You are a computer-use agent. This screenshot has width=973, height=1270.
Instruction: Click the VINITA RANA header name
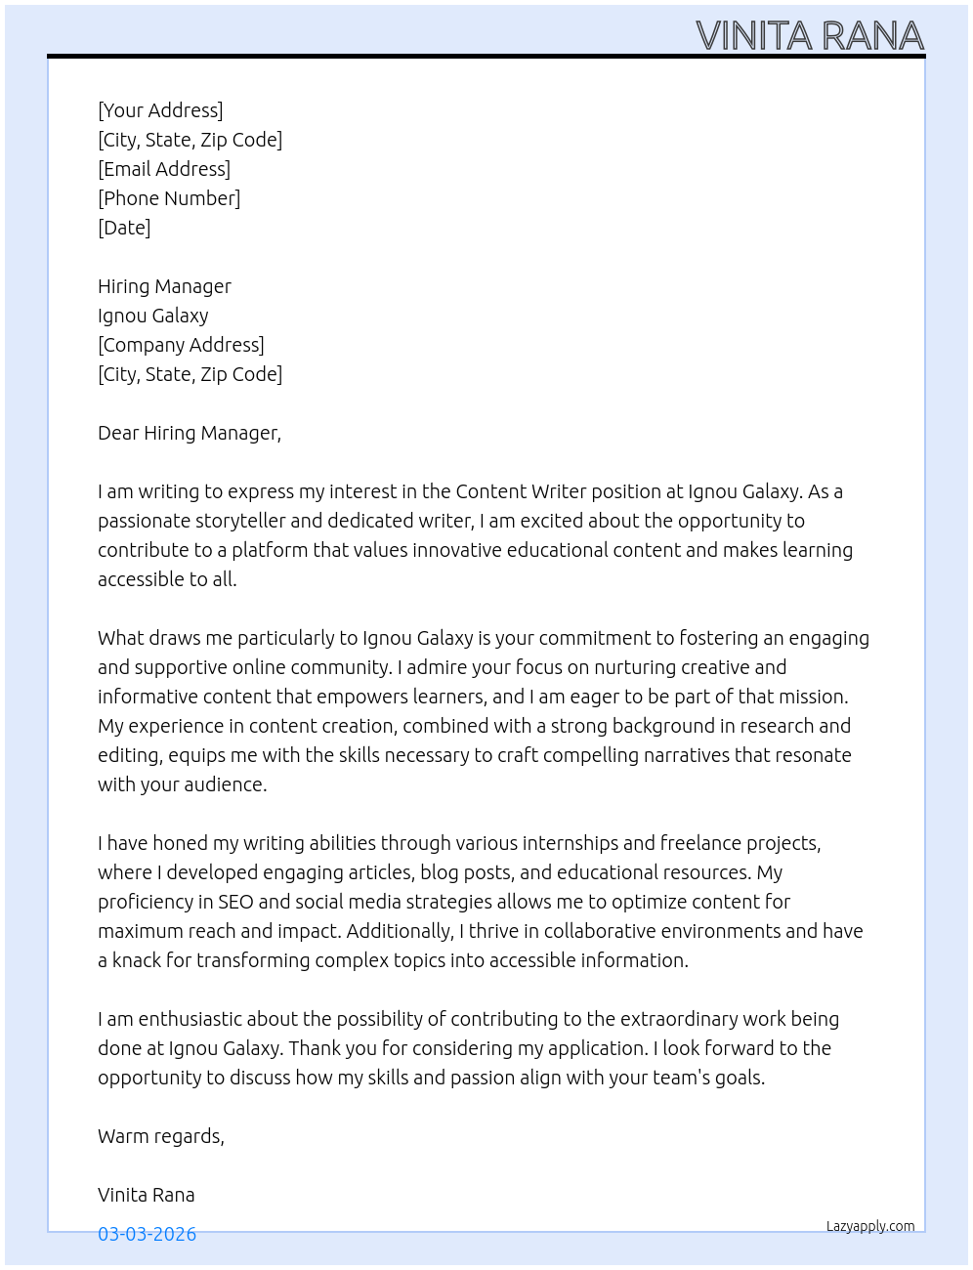(810, 36)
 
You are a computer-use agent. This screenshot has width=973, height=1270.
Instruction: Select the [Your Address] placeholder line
(160, 110)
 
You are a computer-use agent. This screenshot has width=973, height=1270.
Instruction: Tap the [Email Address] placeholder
(164, 169)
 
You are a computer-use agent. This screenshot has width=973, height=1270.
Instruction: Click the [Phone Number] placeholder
(169, 198)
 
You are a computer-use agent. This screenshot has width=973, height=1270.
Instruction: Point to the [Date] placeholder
(124, 228)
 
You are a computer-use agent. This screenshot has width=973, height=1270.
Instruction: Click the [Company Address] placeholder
(181, 345)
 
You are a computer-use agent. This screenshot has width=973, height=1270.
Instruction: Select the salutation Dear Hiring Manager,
(190, 433)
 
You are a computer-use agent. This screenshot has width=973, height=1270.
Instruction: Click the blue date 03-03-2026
(147, 1234)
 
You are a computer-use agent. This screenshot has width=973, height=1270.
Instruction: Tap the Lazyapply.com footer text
(870, 1226)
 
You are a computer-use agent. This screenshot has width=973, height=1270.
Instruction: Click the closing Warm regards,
(161, 1136)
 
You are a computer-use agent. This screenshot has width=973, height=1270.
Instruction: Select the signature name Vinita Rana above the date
(147, 1195)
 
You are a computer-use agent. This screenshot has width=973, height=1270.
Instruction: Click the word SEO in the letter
(235, 902)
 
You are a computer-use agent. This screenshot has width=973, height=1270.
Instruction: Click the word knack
(137, 960)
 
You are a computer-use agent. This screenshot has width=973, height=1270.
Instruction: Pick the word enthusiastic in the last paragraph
(190, 1019)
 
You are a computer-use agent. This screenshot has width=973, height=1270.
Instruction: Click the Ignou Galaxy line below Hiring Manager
(153, 316)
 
